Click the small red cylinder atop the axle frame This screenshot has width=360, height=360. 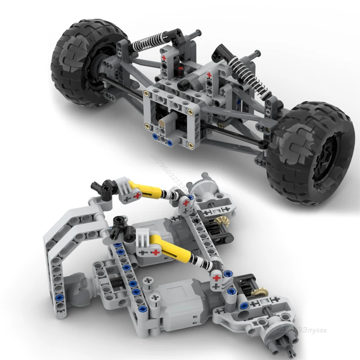coord(179,70)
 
